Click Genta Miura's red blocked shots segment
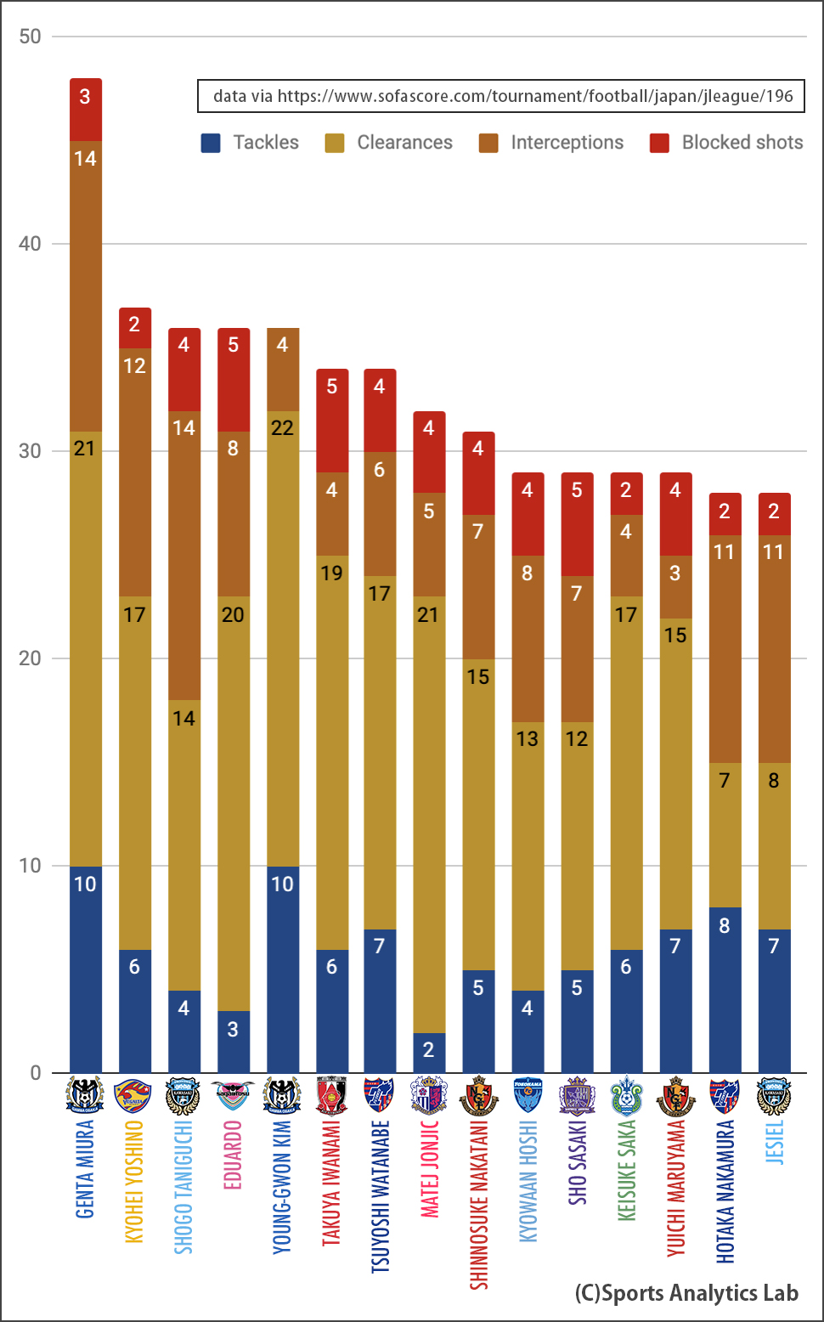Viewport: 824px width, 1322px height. (x=85, y=110)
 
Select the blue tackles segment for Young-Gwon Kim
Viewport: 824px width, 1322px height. (x=282, y=969)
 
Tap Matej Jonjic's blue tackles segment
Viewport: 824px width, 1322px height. (x=428, y=1052)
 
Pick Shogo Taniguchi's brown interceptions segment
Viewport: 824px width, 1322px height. (x=183, y=556)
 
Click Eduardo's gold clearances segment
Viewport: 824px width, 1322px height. (x=233, y=803)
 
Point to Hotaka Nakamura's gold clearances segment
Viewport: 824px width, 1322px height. (x=724, y=834)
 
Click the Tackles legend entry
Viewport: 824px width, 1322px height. (x=251, y=143)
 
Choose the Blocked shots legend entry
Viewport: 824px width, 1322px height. (x=726, y=143)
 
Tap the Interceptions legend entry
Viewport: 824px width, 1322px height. (x=551, y=143)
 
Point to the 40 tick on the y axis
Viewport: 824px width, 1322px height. (x=30, y=244)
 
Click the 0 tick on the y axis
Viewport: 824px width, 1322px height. (x=36, y=1073)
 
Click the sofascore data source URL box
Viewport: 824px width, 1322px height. (x=501, y=96)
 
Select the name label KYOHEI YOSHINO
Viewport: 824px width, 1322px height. (x=134, y=1181)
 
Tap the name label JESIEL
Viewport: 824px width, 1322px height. (x=774, y=1142)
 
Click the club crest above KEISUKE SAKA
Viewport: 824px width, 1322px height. (x=626, y=1096)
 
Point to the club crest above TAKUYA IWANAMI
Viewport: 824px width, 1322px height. (x=331, y=1096)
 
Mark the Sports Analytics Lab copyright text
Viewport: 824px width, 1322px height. (x=686, y=1293)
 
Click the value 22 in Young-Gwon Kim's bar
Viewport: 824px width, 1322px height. (x=282, y=427)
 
